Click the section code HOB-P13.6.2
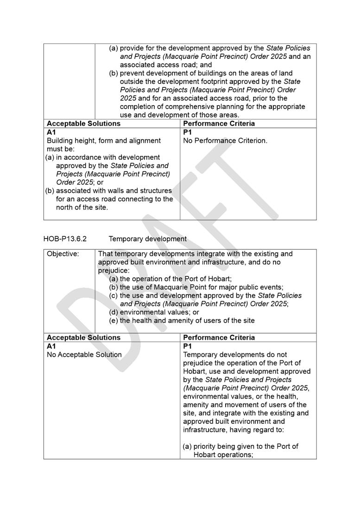pos(65,239)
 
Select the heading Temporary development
pos(148,239)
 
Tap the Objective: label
pos(63,254)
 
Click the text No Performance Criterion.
pos(225,140)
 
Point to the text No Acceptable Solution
pos(84,355)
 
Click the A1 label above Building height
pos(51,132)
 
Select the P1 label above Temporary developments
pos(187,346)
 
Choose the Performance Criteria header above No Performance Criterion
pos(219,124)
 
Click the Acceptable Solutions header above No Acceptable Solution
pos(83,338)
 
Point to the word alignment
pos(145,140)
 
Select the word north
pos(65,207)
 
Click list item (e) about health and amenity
pos(182,320)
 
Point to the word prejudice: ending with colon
pos(114,270)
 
